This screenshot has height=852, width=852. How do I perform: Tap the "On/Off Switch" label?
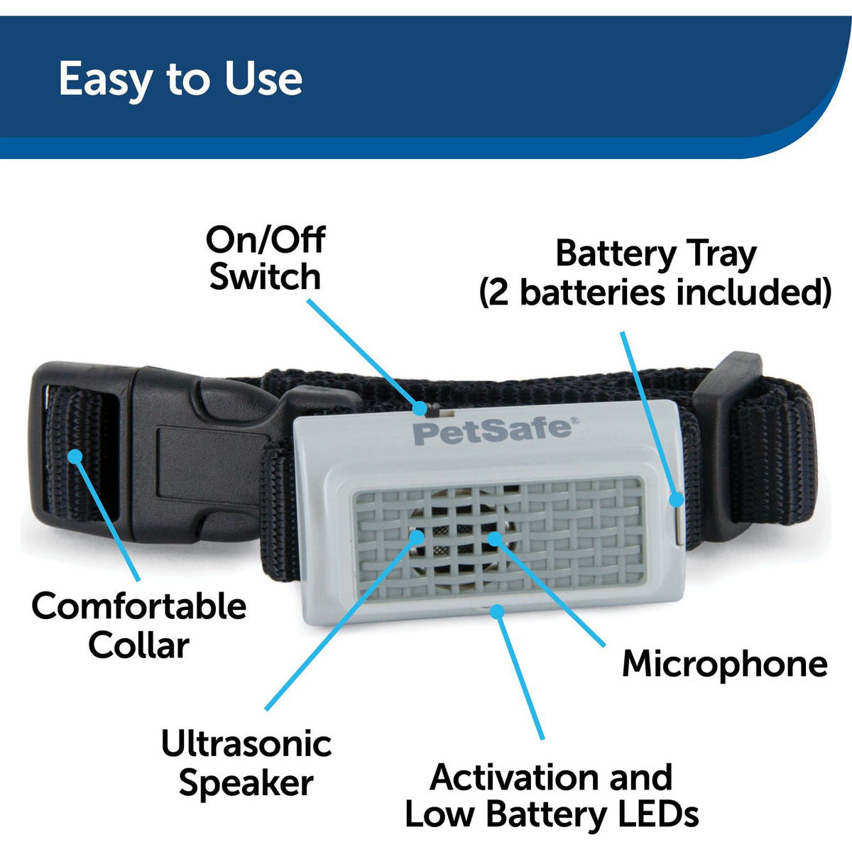pyautogui.click(x=264, y=258)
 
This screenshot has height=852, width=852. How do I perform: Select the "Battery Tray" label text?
pyautogui.click(x=655, y=254)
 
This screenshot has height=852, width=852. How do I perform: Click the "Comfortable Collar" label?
pyautogui.click(x=139, y=626)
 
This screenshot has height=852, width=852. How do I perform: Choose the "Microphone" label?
pyautogui.click(x=724, y=664)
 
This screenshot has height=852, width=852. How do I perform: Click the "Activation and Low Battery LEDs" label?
pyautogui.click(x=552, y=796)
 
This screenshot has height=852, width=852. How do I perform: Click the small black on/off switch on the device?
pyautogui.click(x=422, y=409)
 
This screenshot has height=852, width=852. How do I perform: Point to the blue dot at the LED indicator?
pyautogui.click(x=499, y=611)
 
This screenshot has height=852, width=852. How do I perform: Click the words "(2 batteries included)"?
pyautogui.click(x=655, y=292)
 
